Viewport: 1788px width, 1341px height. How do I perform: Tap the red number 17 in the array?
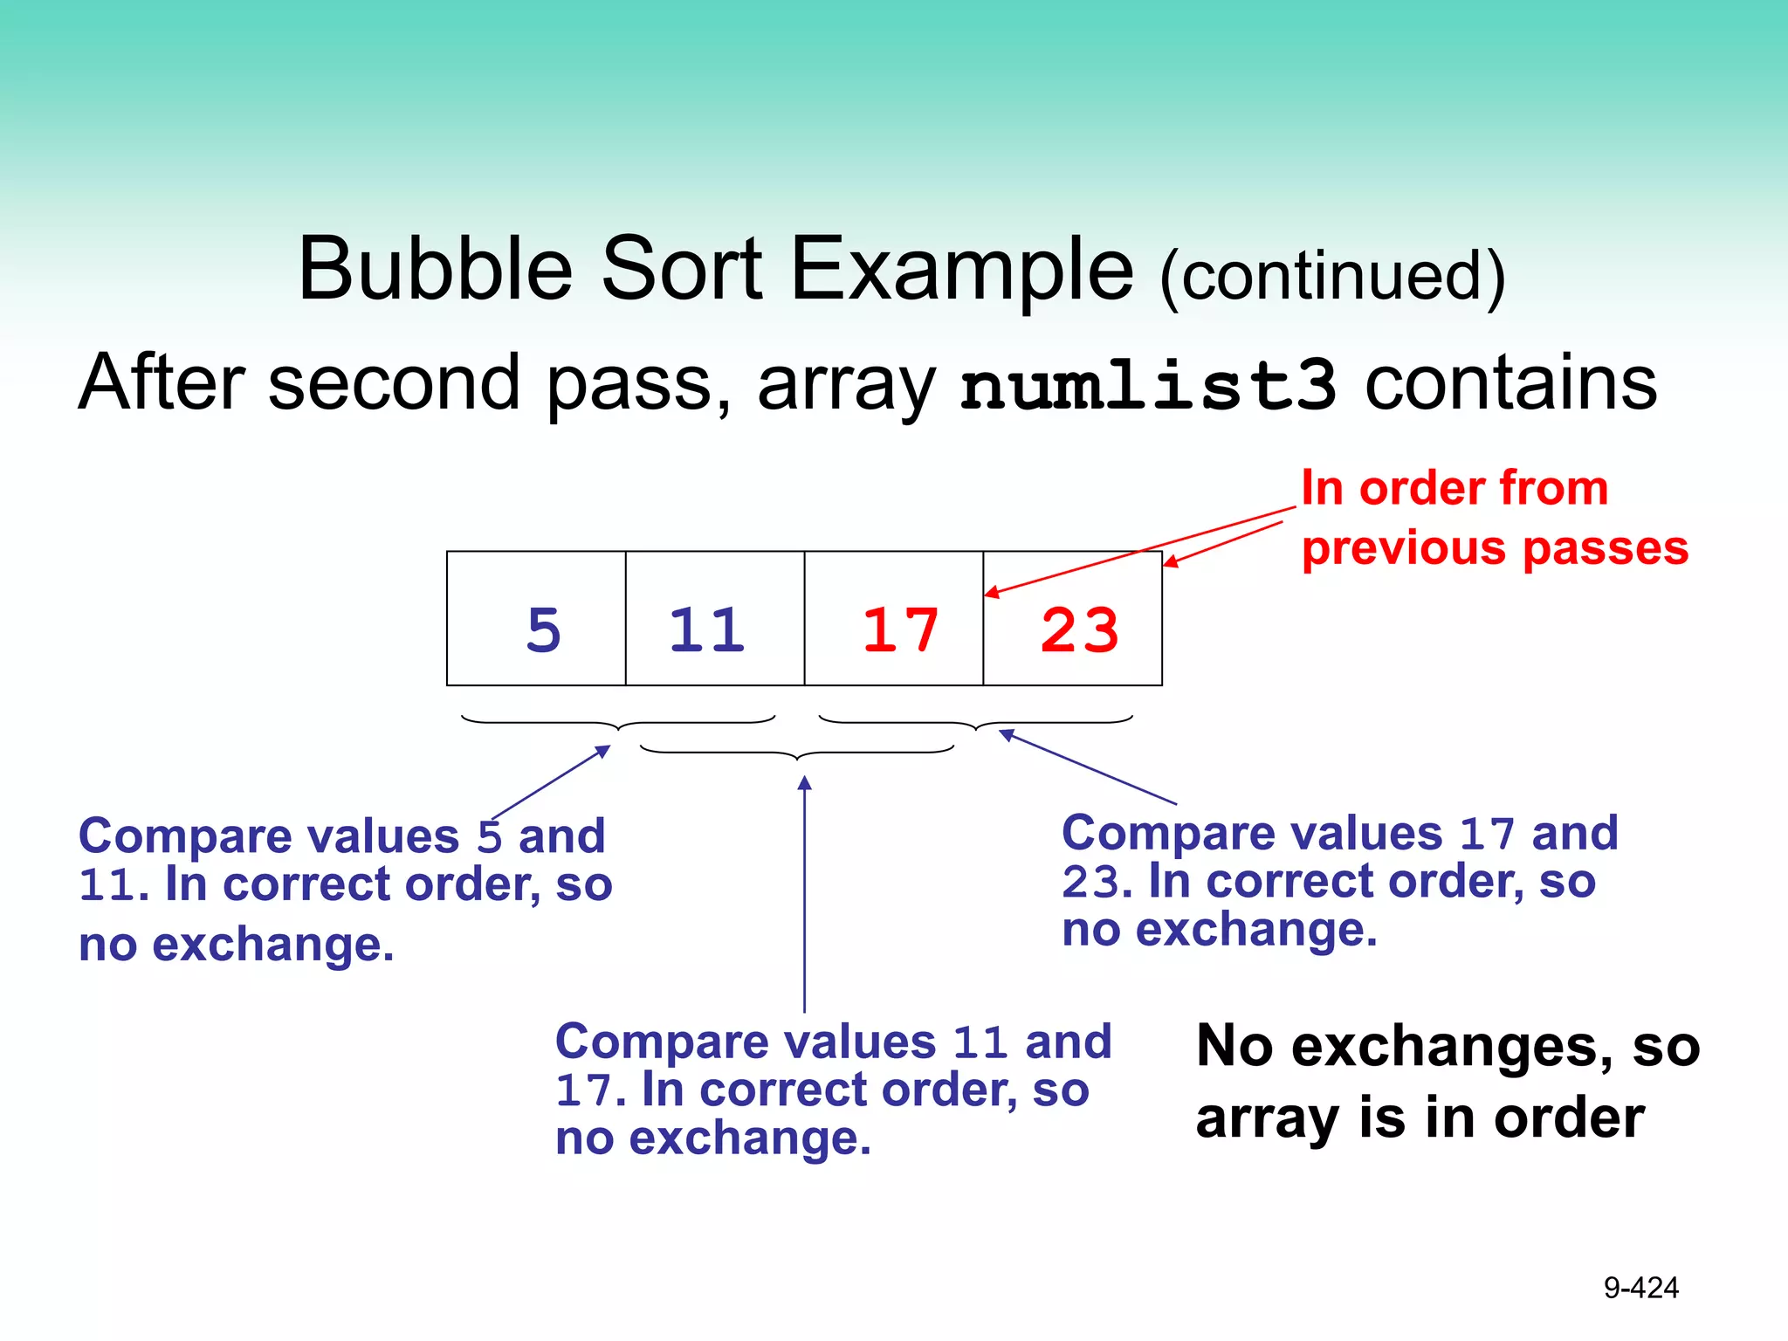900,629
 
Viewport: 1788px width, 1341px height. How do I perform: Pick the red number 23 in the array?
1080,629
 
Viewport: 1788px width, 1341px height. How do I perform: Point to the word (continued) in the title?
1332,276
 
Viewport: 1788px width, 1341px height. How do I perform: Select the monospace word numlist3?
1147,385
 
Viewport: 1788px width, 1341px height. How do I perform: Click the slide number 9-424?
1640,1288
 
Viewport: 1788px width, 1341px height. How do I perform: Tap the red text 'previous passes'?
1495,549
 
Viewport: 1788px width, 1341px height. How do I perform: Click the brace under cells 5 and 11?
618,723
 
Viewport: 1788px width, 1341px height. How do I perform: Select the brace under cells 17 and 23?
975,723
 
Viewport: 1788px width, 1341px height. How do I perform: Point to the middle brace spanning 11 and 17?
797,753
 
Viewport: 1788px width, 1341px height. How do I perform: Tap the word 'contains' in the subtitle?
1510,383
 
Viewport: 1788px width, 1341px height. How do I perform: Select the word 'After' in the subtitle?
162,383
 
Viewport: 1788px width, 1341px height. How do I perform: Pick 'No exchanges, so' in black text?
1448,1046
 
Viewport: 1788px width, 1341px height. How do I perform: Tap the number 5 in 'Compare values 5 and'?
489,837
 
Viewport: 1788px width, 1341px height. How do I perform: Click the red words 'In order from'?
1454,488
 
